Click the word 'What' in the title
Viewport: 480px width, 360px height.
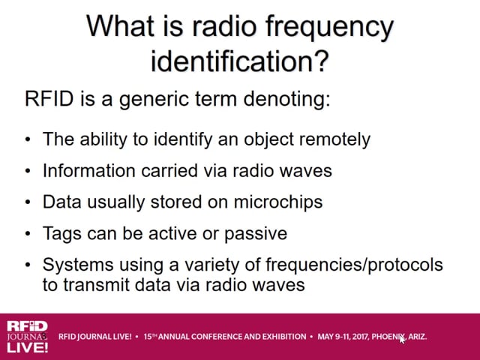(x=120, y=25)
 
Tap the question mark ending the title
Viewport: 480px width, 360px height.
(x=321, y=61)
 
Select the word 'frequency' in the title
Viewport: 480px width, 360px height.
(x=329, y=28)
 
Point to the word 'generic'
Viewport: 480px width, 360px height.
(x=154, y=100)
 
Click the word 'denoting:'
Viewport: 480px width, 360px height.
(x=286, y=100)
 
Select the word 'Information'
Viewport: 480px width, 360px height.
(x=88, y=170)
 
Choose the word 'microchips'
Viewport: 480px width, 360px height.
(x=278, y=202)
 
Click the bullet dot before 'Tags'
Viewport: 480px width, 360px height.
(x=28, y=234)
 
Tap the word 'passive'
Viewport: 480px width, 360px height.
(x=256, y=234)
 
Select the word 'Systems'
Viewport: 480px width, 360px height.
(x=78, y=265)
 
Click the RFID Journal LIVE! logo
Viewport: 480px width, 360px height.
(x=27, y=337)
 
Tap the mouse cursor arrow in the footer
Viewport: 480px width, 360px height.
(x=402, y=339)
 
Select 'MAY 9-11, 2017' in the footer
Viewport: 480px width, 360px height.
(x=343, y=337)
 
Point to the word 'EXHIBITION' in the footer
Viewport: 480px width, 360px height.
(x=284, y=337)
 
